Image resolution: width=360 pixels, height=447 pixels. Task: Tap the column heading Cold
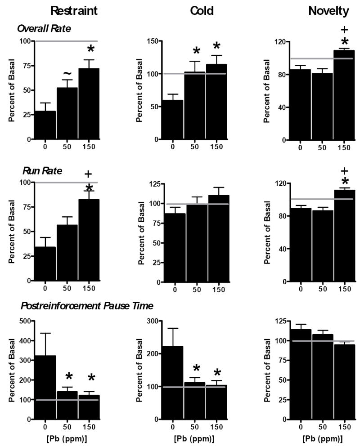[x=194, y=11]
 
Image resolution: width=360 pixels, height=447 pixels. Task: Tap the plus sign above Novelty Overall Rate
[x=345, y=30]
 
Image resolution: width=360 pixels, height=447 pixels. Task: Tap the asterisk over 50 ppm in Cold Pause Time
[x=196, y=368]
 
